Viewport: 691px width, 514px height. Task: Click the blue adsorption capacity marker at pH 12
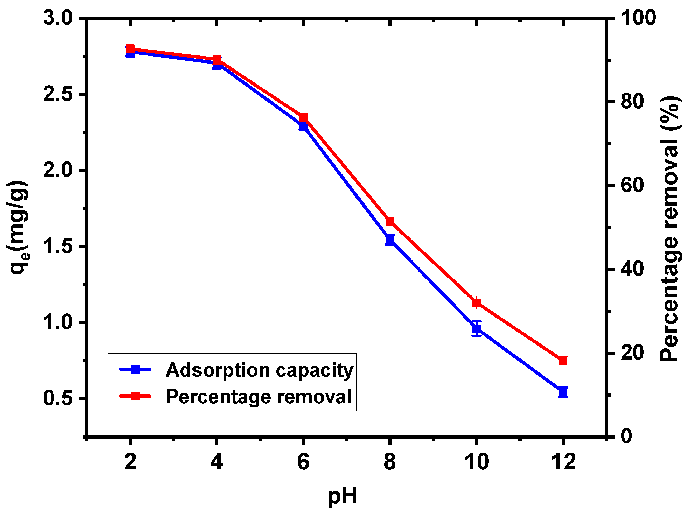click(563, 392)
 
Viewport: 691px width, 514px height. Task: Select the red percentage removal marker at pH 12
click(563, 361)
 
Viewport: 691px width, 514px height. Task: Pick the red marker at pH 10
click(476, 303)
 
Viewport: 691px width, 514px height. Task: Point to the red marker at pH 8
click(390, 221)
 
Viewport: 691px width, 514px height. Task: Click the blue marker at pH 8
click(390, 240)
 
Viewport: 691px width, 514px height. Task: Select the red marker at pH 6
click(303, 117)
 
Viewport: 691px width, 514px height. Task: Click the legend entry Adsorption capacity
click(259, 370)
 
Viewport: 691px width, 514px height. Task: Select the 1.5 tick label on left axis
click(58, 246)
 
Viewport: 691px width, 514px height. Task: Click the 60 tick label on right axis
click(632, 185)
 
